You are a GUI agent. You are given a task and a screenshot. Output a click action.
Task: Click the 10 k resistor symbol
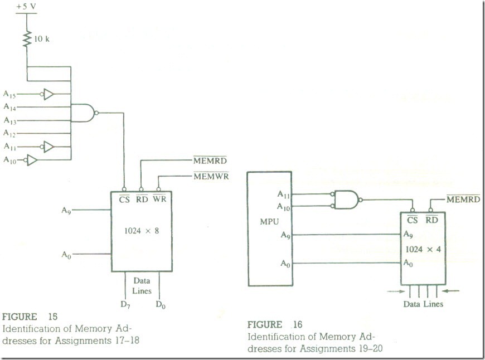coord(26,39)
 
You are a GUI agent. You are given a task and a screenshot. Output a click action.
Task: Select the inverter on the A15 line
coord(48,95)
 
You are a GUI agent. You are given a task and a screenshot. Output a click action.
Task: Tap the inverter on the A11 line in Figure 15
coord(48,147)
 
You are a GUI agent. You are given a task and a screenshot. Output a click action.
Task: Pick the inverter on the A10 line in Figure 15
coord(32,160)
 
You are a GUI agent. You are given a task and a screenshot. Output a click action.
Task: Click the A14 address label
coord(9,107)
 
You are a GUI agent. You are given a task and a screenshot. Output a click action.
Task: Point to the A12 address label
coord(9,133)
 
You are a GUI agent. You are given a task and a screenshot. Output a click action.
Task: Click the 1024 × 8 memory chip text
coord(142,230)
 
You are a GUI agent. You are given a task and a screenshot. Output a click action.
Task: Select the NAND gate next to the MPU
coord(346,198)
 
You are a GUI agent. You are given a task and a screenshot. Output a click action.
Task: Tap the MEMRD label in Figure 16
coord(463,199)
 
